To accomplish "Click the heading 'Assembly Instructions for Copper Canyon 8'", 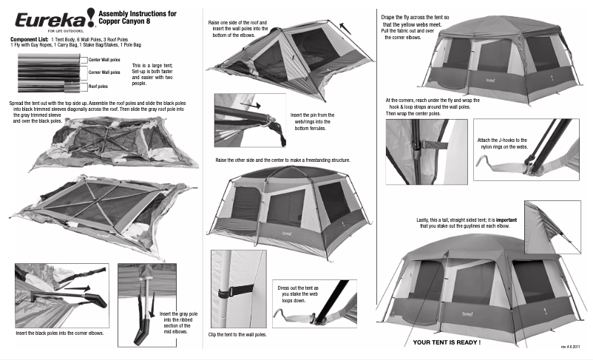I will [138, 18].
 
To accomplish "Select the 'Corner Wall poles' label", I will [104, 72].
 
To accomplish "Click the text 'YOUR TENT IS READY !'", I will [447, 342].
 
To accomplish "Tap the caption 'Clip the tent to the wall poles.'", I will [237, 335].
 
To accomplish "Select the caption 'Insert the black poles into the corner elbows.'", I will [60, 333].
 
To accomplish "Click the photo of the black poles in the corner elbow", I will [61, 294].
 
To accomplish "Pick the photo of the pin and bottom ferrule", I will [249, 119].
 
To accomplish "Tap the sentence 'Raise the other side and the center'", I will [282, 160].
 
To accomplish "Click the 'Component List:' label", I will [29, 38].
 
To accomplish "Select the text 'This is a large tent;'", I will [152, 66].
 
